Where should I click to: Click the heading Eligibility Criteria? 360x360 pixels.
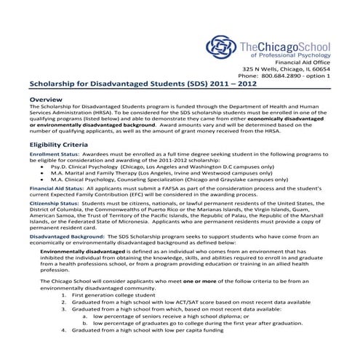[x=60, y=144]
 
